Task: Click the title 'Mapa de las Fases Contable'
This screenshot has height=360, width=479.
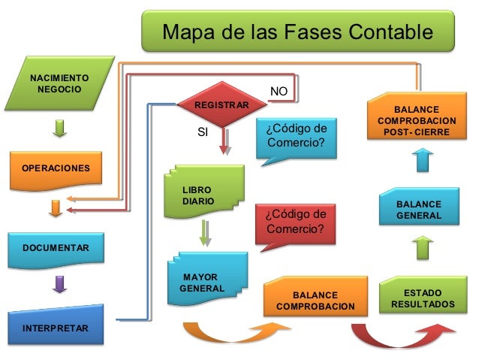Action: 298,32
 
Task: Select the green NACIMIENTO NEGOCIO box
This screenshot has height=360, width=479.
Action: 59,84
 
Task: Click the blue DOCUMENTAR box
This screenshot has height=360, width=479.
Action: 55,247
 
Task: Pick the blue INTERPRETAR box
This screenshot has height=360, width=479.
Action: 55,327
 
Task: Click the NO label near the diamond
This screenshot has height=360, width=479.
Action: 279,91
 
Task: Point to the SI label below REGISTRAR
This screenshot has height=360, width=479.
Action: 202,132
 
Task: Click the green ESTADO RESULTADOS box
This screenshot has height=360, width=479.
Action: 423,297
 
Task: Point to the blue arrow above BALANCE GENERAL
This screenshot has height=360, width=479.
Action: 422,159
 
